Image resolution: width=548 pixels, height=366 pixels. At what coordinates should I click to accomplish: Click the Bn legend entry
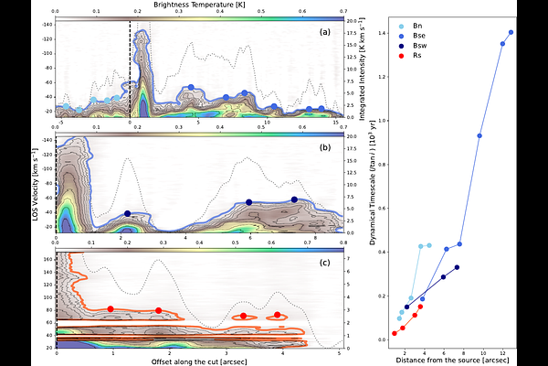[x=418, y=17]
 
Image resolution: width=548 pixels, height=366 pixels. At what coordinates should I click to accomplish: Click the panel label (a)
[x=324, y=33]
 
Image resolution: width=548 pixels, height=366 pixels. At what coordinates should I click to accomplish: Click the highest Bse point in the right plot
[x=511, y=32]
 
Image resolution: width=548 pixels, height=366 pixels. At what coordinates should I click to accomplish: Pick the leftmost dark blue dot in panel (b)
[x=127, y=213]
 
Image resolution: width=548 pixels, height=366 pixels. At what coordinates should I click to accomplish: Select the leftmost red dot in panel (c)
[x=111, y=309]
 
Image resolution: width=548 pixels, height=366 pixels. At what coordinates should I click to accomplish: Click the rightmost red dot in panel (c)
[x=278, y=315]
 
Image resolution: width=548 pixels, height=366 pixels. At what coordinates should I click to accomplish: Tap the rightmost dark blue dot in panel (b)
[x=294, y=199]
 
